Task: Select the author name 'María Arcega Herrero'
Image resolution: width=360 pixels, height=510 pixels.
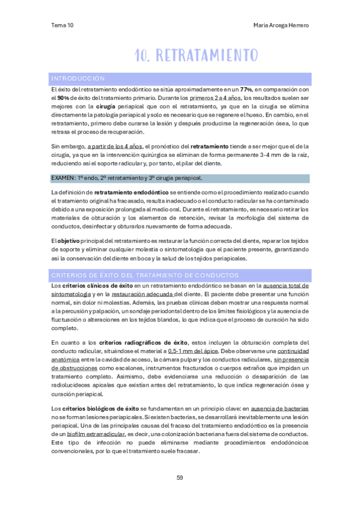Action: pyautogui.click(x=281, y=25)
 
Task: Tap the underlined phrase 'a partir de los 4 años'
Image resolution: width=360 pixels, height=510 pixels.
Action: pyautogui.click(x=114, y=146)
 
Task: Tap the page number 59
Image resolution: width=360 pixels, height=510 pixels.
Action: pyautogui.click(x=180, y=478)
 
